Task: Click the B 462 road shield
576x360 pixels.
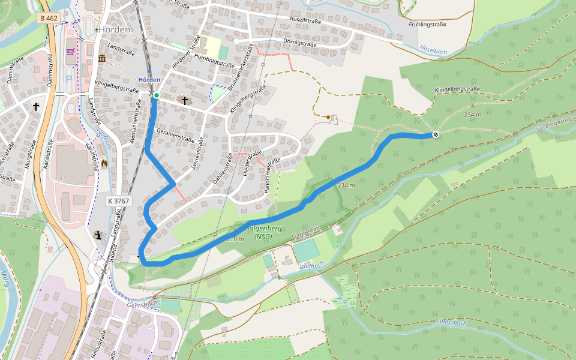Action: (49, 18)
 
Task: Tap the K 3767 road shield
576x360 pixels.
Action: (118, 202)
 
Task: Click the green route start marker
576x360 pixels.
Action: (156, 95)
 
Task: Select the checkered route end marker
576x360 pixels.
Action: (435, 135)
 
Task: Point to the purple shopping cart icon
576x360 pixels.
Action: (71, 52)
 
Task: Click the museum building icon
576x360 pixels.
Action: (101, 58)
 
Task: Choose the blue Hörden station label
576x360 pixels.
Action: (149, 80)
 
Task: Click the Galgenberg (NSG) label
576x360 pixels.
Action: (262, 232)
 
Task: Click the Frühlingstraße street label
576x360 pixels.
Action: (429, 25)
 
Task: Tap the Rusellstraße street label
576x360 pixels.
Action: (305, 20)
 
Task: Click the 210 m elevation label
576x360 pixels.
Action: (235, 239)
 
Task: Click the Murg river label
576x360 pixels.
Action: (7, 278)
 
